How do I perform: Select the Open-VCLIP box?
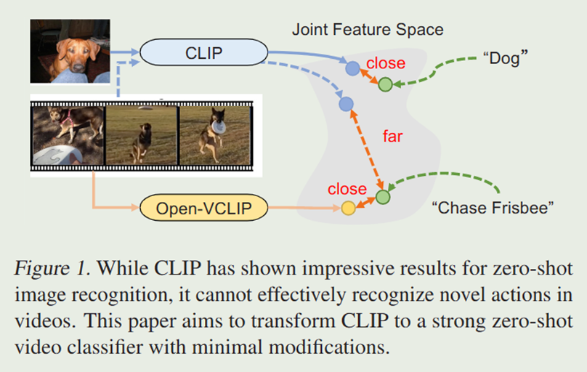(x=203, y=209)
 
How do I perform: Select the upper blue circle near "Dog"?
(x=352, y=69)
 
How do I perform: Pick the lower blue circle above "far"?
(x=346, y=104)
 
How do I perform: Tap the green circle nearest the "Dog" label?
(x=385, y=84)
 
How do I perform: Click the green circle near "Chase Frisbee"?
(x=383, y=197)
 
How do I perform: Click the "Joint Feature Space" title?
(x=368, y=30)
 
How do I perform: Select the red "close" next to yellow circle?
(x=347, y=189)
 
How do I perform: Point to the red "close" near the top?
(x=385, y=63)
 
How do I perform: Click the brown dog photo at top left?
(x=70, y=51)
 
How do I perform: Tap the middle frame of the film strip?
(x=142, y=134)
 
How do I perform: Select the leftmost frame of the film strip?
(x=68, y=134)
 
